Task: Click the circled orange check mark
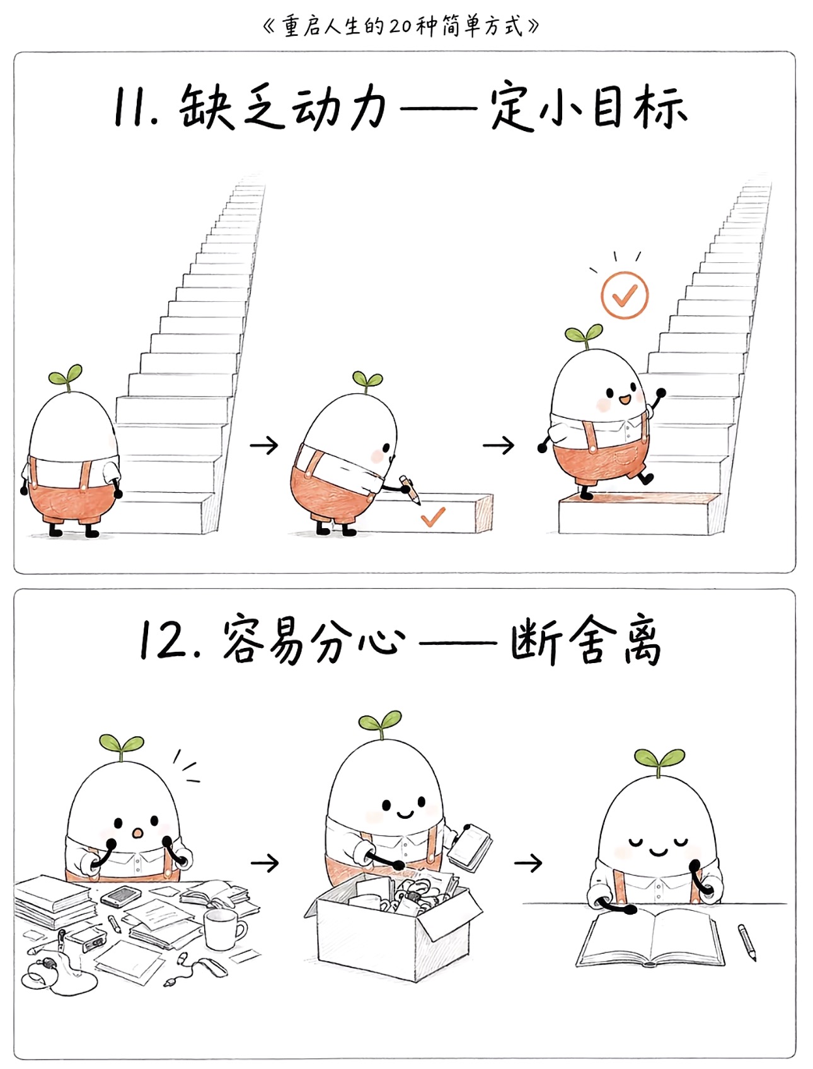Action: click(624, 295)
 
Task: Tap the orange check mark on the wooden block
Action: click(433, 517)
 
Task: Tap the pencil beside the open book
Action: click(747, 942)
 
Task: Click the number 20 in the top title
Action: click(400, 26)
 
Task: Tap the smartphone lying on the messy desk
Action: click(121, 895)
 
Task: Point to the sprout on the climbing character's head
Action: click(584, 335)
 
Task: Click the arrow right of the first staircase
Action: click(264, 446)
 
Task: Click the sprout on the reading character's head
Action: click(659, 760)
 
